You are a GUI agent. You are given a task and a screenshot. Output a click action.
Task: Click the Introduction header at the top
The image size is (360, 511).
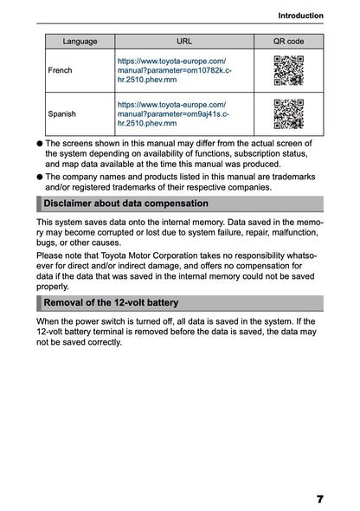(300, 15)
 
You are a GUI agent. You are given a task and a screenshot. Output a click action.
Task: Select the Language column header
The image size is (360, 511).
(80, 41)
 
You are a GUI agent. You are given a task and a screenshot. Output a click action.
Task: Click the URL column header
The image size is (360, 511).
(184, 41)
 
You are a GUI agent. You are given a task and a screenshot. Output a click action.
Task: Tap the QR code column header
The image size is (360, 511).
(288, 41)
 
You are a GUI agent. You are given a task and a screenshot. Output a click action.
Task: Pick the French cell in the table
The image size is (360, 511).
(61, 70)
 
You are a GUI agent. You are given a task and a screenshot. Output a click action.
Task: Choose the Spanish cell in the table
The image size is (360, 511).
(62, 113)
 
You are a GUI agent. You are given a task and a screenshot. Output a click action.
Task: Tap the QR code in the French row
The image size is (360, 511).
(288, 70)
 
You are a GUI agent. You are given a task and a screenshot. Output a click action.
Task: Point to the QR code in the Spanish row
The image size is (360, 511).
(288, 113)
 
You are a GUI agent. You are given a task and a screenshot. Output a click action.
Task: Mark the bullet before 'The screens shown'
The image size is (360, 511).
(40, 142)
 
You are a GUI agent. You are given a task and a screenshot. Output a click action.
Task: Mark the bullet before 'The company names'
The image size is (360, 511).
(40, 176)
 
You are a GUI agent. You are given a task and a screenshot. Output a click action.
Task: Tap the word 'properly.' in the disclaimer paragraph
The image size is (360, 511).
(53, 285)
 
